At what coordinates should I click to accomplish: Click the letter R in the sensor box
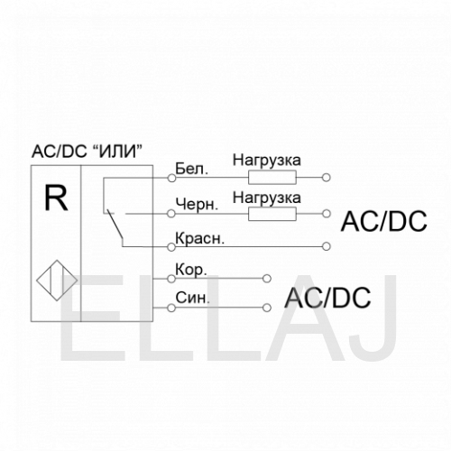click(x=56, y=198)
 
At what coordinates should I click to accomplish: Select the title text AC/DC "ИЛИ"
click(x=87, y=152)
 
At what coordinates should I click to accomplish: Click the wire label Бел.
click(x=191, y=169)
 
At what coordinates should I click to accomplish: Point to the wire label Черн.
click(x=197, y=205)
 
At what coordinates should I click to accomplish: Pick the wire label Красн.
click(x=200, y=239)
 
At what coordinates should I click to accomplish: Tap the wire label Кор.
click(x=191, y=270)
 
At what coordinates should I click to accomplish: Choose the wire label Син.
click(x=192, y=298)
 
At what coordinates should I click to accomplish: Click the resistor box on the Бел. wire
click(x=272, y=178)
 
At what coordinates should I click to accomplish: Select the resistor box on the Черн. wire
click(x=272, y=214)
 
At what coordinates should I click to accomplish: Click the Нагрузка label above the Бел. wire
click(x=267, y=161)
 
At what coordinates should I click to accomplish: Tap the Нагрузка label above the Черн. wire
click(x=267, y=198)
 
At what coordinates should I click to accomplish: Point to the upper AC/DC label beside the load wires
click(x=383, y=221)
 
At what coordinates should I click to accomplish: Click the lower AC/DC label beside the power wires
click(x=327, y=298)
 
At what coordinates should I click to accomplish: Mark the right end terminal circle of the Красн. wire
click(x=327, y=246)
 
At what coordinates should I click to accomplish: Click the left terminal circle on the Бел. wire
click(x=171, y=178)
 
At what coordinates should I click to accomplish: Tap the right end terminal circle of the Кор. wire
click(x=267, y=279)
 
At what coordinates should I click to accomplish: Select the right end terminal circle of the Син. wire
click(x=267, y=308)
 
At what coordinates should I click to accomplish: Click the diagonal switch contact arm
click(x=115, y=225)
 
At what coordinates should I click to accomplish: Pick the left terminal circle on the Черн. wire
click(x=171, y=214)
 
